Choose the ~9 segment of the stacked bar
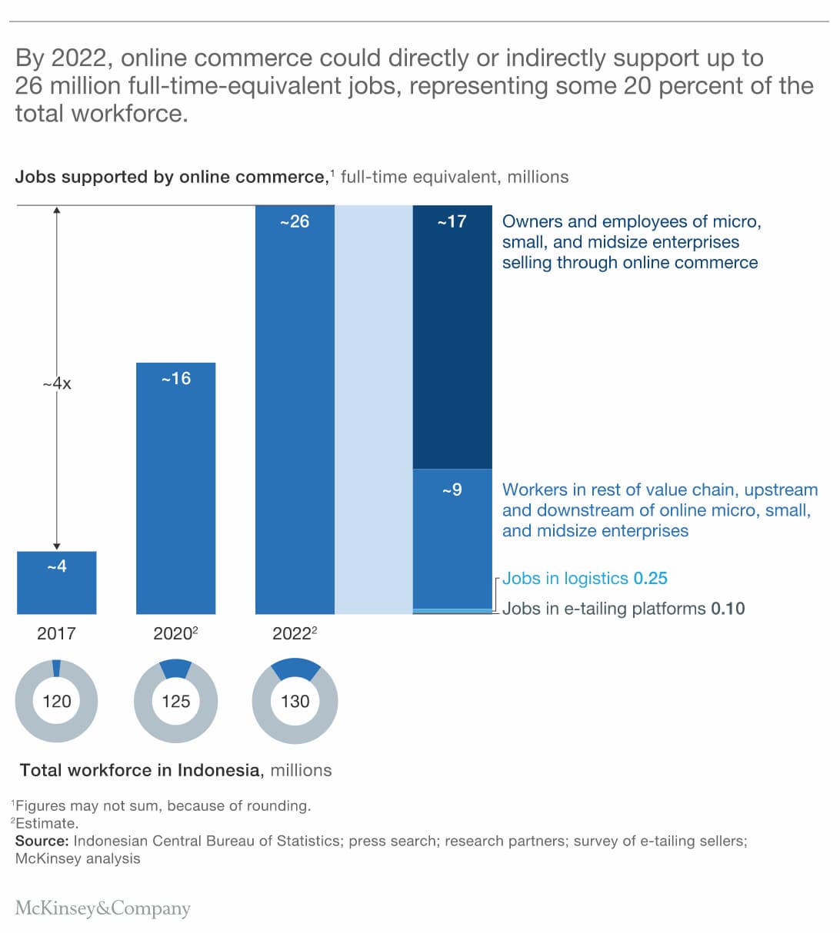452,538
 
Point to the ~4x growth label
57,383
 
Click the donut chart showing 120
56,701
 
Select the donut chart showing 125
175,701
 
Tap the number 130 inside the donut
295,701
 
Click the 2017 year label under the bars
56,633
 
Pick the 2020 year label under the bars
173,633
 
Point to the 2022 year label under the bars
292,633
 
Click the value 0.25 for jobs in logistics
650,579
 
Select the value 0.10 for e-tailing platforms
728,609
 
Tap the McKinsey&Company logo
102,908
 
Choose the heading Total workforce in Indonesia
140,770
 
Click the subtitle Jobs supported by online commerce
171,177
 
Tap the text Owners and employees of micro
631,221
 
